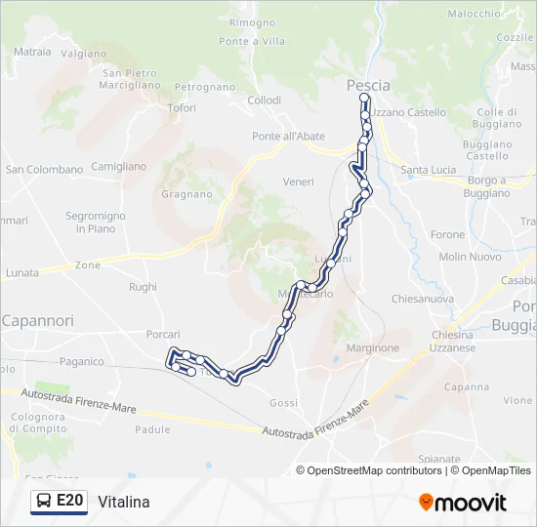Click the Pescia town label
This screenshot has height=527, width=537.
point(368,85)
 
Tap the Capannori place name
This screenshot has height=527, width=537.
point(38,320)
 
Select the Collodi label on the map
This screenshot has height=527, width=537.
point(264,101)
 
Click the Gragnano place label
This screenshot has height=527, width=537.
point(186,193)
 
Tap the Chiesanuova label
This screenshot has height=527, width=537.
point(422,299)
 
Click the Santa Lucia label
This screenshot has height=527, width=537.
point(428,170)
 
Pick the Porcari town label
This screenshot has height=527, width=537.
point(163,334)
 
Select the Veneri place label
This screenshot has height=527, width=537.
point(298,182)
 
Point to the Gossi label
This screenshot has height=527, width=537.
point(283,403)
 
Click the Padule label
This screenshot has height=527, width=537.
point(152,429)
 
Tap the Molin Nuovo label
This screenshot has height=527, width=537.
point(470,257)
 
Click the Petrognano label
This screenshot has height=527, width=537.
point(199,87)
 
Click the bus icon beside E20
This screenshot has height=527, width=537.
point(45,502)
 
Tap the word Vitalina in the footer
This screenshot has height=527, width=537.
point(124,502)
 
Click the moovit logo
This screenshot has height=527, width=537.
point(463,503)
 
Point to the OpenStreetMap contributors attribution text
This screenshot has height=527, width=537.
point(370,470)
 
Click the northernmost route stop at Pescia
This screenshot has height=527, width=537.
point(364,99)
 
